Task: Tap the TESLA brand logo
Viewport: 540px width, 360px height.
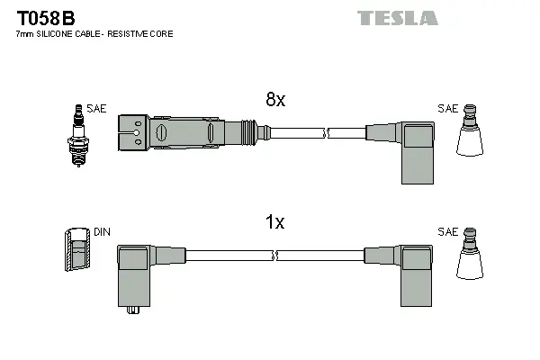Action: pyautogui.click(x=397, y=18)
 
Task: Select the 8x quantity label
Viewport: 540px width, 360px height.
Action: pyautogui.click(x=274, y=101)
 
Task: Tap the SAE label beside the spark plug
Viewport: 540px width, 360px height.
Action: pyautogui.click(x=96, y=109)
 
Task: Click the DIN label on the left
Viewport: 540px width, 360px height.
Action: pyautogui.click(x=102, y=232)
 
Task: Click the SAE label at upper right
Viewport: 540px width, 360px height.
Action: pyautogui.click(x=447, y=108)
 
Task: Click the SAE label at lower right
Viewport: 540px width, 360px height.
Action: pyautogui.click(x=447, y=232)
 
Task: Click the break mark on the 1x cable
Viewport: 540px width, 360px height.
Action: pyautogui.click(x=285, y=256)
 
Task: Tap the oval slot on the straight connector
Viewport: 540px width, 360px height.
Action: pyautogui.click(x=162, y=134)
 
